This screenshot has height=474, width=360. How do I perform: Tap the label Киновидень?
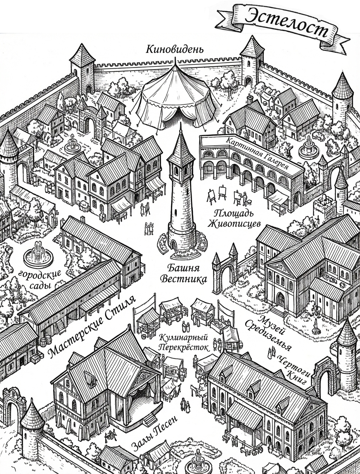pyautogui.click(x=175, y=49)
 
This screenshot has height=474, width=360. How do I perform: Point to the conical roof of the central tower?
pyautogui.click(x=181, y=146)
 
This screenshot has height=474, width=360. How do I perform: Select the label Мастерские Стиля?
pyautogui.click(x=93, y=327)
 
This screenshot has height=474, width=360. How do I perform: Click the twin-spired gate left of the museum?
pyautogui.click(x=224, y=268)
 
